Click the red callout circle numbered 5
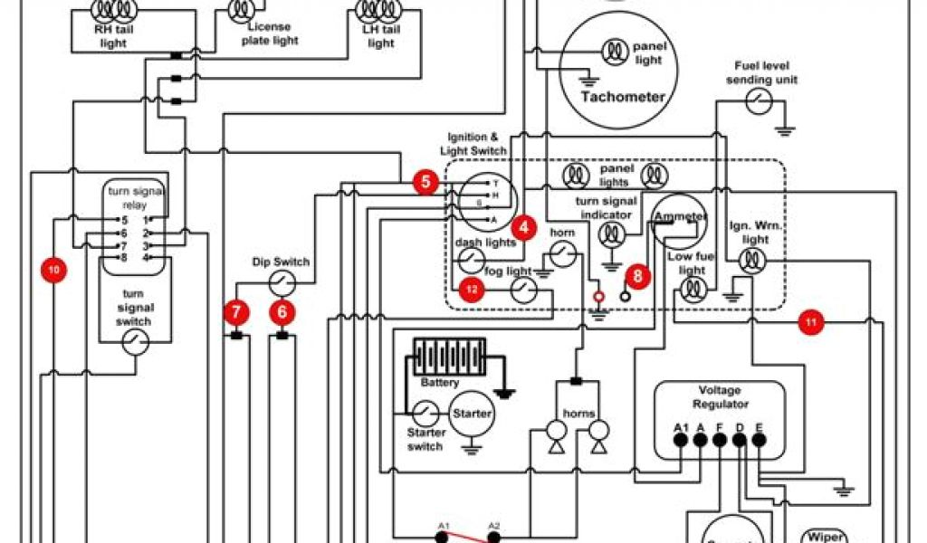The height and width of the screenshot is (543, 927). point(426,182)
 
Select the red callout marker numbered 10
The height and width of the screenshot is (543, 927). point(54,269)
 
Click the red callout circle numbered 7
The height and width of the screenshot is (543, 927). point(236,313)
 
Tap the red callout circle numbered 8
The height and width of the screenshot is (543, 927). point(637,276)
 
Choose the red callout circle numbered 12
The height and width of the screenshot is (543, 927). point(471,290)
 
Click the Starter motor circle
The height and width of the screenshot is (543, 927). point(472,414)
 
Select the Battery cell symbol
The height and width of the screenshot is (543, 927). point(449,357)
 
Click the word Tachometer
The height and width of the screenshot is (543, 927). point(623,97)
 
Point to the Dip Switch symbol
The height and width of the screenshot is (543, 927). point(282,285)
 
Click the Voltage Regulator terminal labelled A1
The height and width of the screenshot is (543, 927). point(681,441)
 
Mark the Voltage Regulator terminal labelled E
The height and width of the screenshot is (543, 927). point(759,441)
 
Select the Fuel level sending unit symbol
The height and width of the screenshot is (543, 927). point(759,101)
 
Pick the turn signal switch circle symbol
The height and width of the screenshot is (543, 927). point(135,342)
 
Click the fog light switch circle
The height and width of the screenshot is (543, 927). point(523,290)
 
